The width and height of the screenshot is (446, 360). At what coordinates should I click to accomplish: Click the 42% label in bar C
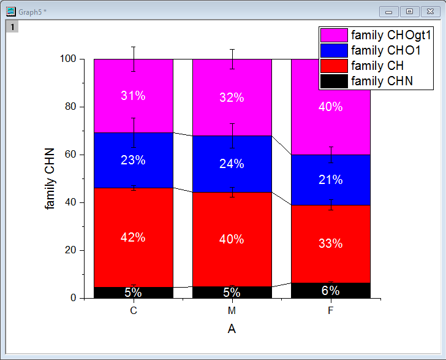click(133, 237)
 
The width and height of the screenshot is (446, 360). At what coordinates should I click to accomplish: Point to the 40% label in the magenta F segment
click(330, 106)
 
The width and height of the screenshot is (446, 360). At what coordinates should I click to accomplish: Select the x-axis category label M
click(232, 311)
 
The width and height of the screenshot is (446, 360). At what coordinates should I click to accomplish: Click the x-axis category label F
click(330, 311)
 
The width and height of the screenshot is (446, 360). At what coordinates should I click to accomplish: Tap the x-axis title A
click(232, 329)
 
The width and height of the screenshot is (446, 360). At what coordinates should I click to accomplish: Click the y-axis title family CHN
click(50, 178)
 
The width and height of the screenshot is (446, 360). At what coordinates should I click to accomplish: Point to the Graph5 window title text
click(32, 12)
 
